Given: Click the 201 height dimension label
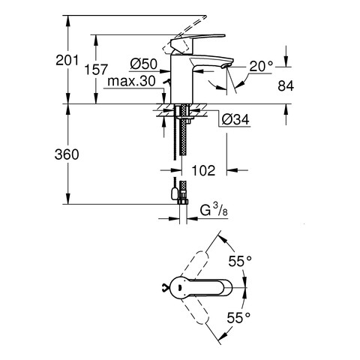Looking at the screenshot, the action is tap(67, 60).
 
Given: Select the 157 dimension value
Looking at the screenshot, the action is tap(96, 70).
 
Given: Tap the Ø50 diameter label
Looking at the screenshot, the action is tap(144, 64).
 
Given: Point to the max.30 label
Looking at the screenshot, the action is tap(131, 81).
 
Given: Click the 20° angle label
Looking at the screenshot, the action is tap(261, 67).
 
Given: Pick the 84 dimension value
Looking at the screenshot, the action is tap(286, 86).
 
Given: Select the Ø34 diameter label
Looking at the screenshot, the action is tap(235, 119).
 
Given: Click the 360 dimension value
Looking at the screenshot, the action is tap(67, 154).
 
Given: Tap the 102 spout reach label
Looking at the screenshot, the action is tap(203, 170).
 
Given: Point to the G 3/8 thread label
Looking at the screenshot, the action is tap(214, 210).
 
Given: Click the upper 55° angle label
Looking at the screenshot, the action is tap(240, 261).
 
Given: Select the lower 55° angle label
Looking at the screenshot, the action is tap(238, 318).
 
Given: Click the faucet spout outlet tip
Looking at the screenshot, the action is tap(226, 66).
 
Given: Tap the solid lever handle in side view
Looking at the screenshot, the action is tap(197, 40).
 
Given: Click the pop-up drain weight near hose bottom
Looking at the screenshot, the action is tap(174, 193).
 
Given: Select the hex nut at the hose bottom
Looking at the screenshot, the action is tap(183, 202).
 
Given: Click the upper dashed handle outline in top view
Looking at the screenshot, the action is tap(195, 266).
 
